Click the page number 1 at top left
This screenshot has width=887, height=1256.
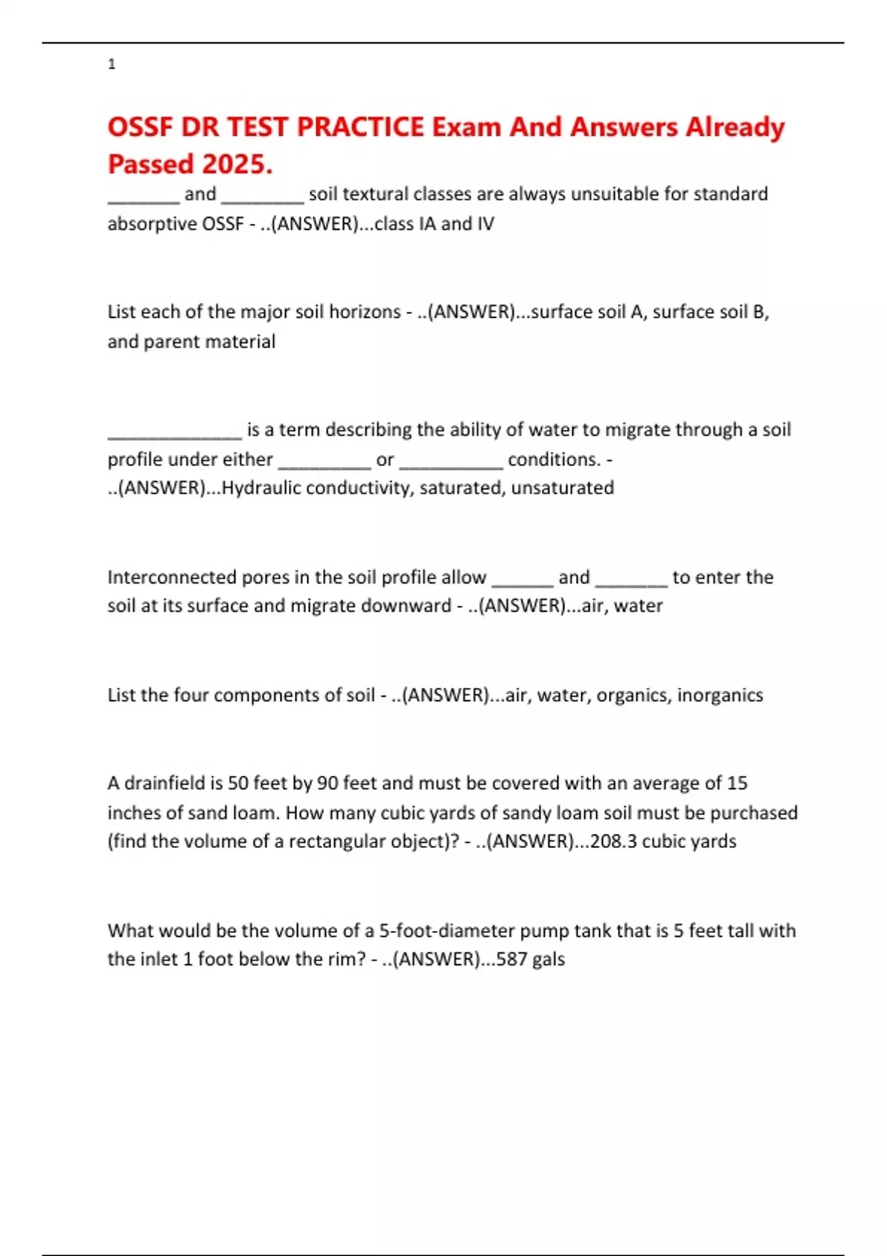click(112, 64)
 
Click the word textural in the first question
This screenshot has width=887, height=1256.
click(375, 194)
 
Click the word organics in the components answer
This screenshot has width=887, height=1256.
click(631, 695)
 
